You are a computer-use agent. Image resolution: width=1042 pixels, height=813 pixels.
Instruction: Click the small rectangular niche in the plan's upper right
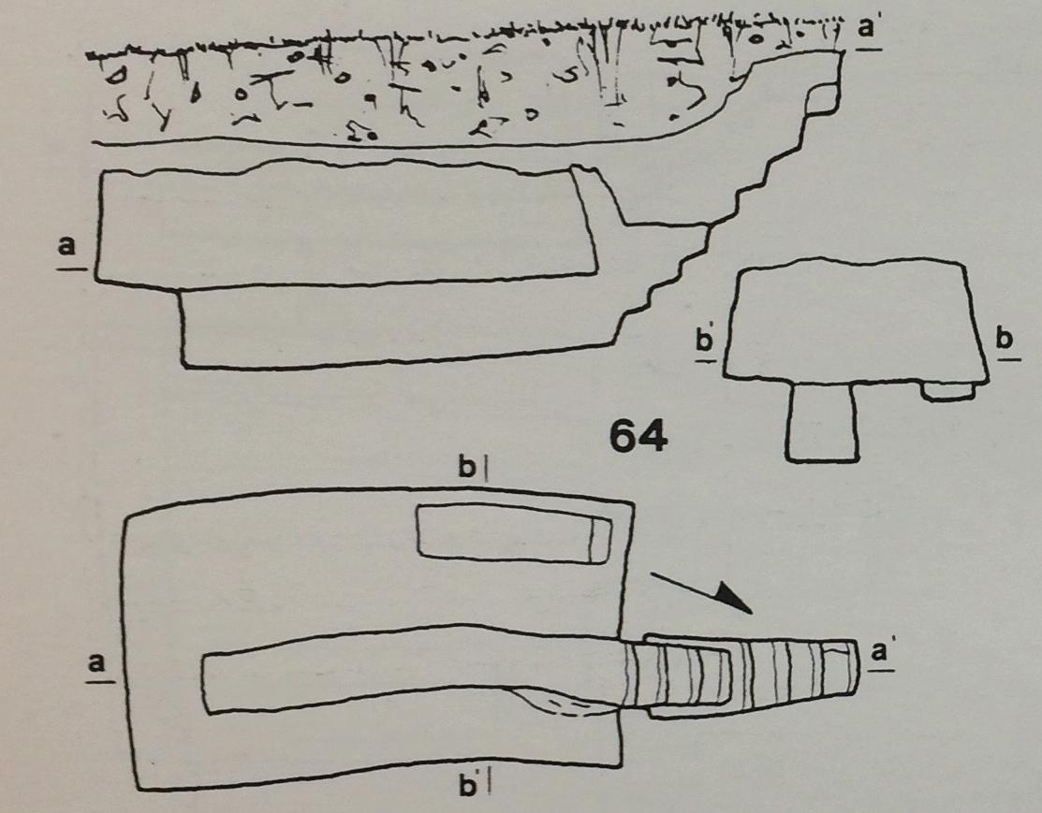click(514, 531)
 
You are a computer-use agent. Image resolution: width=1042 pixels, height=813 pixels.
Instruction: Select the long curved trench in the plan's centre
click(412, 669)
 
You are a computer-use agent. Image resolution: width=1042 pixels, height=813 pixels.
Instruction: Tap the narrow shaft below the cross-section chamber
click(821, 422)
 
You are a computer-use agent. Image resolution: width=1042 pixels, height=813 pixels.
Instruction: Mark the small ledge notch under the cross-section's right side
click(949, 390)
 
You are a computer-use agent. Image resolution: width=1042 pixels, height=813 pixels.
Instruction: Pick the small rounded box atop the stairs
click(821, 99)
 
